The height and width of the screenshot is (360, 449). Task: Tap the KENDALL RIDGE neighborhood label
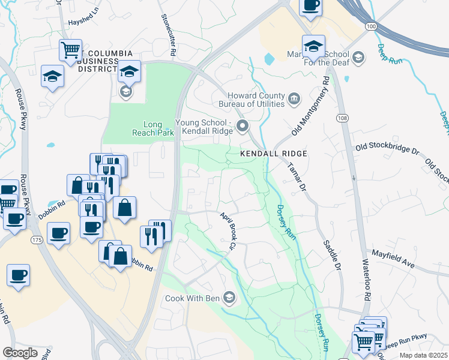point(274,154)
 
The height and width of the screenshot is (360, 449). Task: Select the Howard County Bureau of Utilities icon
point(294,98)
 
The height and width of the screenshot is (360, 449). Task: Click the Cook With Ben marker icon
point(229,297)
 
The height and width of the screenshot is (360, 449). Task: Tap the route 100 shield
point(371,26)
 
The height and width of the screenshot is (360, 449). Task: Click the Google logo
point(20,352)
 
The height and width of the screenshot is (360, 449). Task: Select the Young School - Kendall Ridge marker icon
point(243,126)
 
